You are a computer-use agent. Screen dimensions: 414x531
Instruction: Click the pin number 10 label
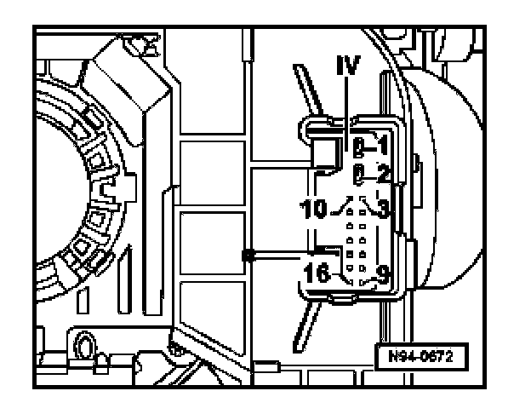317,207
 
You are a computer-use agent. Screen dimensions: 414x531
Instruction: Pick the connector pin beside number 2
360,175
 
